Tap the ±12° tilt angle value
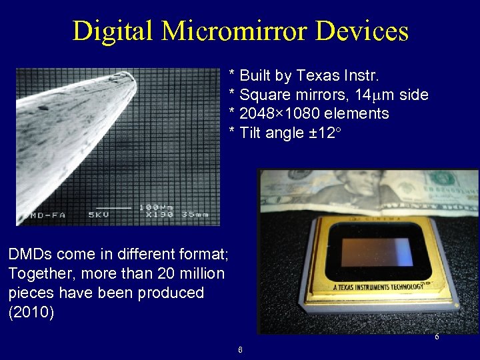click(324, 133)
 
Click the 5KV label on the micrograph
click(101, 215)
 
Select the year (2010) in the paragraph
click(31, 312)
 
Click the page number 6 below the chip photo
click(437, 337)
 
